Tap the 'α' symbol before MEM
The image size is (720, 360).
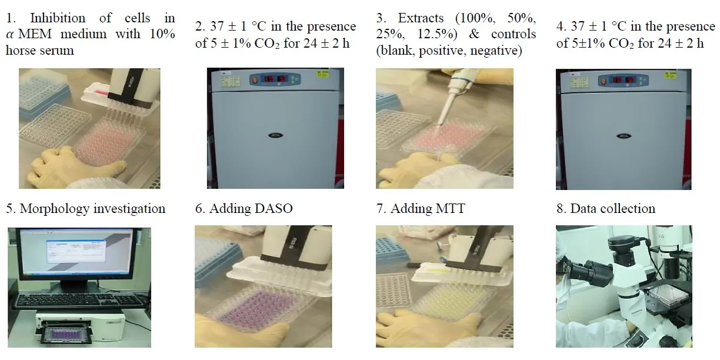pyautogui.click(x=10, y=34)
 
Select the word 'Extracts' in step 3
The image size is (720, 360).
pyautogui.click(x=421, y=18)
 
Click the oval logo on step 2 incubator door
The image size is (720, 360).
pyautogui.click(x=275, y=135)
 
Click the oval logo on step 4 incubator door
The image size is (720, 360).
pyautogui.click(x=624, y=136)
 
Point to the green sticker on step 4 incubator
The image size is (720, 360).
pyautogui.click(x=670, y=75)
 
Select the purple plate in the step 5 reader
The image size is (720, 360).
pyautogui.click(x=65, y=334)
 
